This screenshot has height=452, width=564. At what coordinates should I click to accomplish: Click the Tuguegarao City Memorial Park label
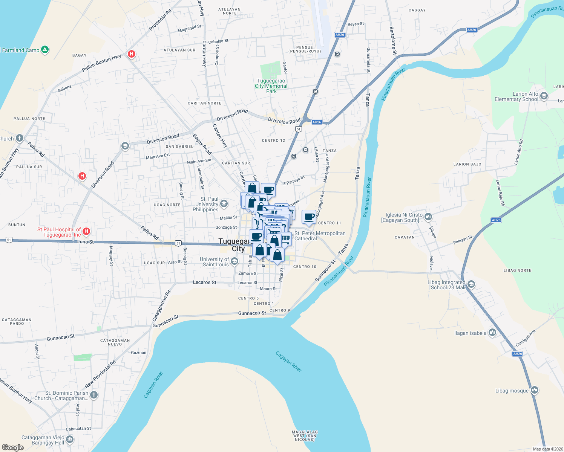tap(271, 86)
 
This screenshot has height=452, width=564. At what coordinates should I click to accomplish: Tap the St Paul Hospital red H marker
tap(86, 231)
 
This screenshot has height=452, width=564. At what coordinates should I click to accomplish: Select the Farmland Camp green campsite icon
tap(45, 50)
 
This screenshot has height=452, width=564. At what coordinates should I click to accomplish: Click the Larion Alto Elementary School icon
tap(544, 96)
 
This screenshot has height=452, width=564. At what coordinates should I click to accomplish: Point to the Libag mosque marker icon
tap(534, 390)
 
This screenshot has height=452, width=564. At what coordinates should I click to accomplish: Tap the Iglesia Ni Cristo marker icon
tap(428, 217)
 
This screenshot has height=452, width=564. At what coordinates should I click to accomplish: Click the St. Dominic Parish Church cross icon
tap(94, 395)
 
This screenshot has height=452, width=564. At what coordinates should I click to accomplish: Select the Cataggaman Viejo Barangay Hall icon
tap(70, 440)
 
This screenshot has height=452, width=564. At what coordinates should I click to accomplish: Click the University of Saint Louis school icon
tap(234, 261)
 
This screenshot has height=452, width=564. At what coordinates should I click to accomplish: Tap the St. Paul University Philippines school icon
tap(224, 204)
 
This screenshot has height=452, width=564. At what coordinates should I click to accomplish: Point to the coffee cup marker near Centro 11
tap(309, 217)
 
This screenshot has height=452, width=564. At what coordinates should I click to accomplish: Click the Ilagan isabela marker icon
tap(492, 333)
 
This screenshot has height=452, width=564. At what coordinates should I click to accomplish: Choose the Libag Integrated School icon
tap(471, 284)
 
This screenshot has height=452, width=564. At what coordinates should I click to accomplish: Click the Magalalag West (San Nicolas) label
tap(305, 436)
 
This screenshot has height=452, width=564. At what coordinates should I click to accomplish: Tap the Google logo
tap(12, 447)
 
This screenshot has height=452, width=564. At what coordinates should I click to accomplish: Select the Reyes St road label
tap(356, 24)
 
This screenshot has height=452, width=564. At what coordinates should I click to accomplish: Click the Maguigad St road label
tap(190, 28)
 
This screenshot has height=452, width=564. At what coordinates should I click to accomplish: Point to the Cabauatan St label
tap(78, 429)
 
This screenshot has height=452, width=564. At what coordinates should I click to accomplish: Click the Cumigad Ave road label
tap(525, 338)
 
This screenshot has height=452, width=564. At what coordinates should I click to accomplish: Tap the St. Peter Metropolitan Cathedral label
tap(320, 236)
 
